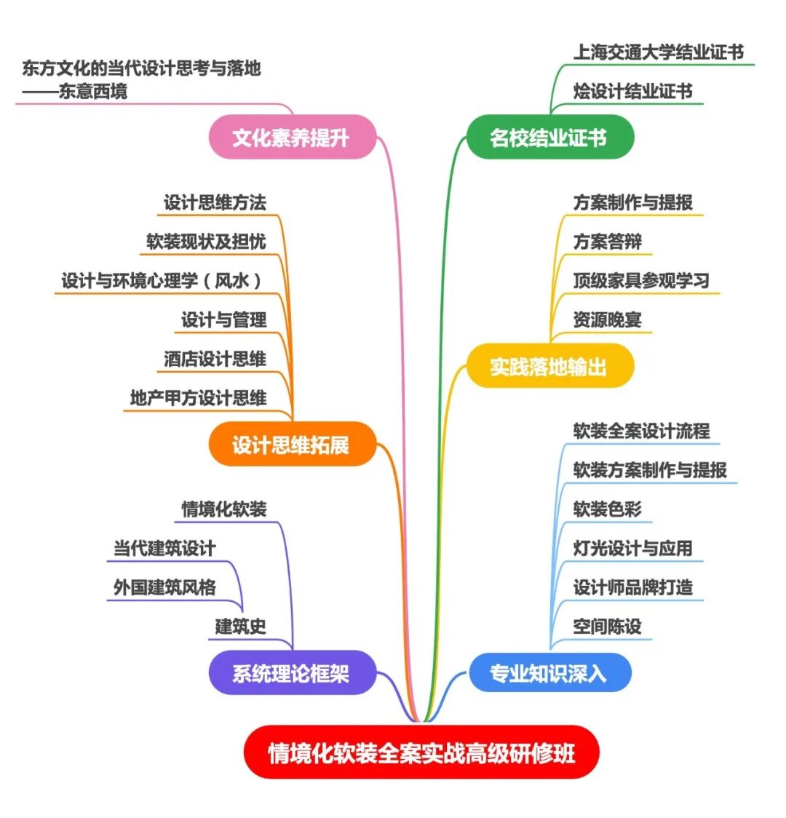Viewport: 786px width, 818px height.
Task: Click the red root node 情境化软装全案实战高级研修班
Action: [421, 753]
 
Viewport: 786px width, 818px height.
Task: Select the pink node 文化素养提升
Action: [292, 137]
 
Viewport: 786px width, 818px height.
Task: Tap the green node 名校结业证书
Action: [549, 137]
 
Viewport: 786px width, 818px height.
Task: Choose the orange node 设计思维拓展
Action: [292, 445]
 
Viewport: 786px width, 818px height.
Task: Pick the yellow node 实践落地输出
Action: [549, 366]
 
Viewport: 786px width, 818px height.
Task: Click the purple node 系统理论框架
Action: [292, 673]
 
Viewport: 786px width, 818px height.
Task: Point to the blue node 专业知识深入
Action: [549, 673]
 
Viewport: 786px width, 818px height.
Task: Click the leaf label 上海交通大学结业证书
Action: [658, 52]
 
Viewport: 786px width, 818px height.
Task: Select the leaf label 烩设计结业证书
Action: [632, 92]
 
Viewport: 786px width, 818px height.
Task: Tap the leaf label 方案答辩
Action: [607, 242]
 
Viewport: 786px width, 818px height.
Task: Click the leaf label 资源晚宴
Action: [607, 320]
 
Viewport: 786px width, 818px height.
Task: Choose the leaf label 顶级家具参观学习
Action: [640, 281]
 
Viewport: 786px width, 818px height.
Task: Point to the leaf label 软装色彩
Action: [607, 509]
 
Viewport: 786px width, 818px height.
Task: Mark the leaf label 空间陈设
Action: [607, 627]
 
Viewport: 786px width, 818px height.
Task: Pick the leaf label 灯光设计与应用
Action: [632, 548]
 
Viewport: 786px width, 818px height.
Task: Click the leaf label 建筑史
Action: [240, 627]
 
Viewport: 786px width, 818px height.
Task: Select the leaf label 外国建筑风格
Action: [164, 587]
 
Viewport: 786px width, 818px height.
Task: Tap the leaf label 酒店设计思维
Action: [215, 359]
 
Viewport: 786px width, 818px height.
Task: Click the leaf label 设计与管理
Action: [223, 319]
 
